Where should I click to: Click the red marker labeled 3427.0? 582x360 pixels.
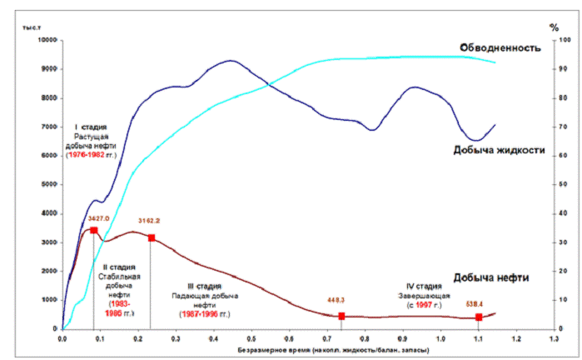tap(94, 231)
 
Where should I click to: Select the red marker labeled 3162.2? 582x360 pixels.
tap(151, 238)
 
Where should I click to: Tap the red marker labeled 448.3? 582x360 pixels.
tap(341, 316)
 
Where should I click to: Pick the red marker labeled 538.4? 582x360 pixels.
tap(478, 317)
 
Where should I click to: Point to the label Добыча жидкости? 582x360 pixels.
tap(500, 151)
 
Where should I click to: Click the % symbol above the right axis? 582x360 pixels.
tap(554, 27)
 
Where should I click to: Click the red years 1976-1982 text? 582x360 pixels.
tap(87, 155)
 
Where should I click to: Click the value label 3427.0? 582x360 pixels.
tap(98, 217)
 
